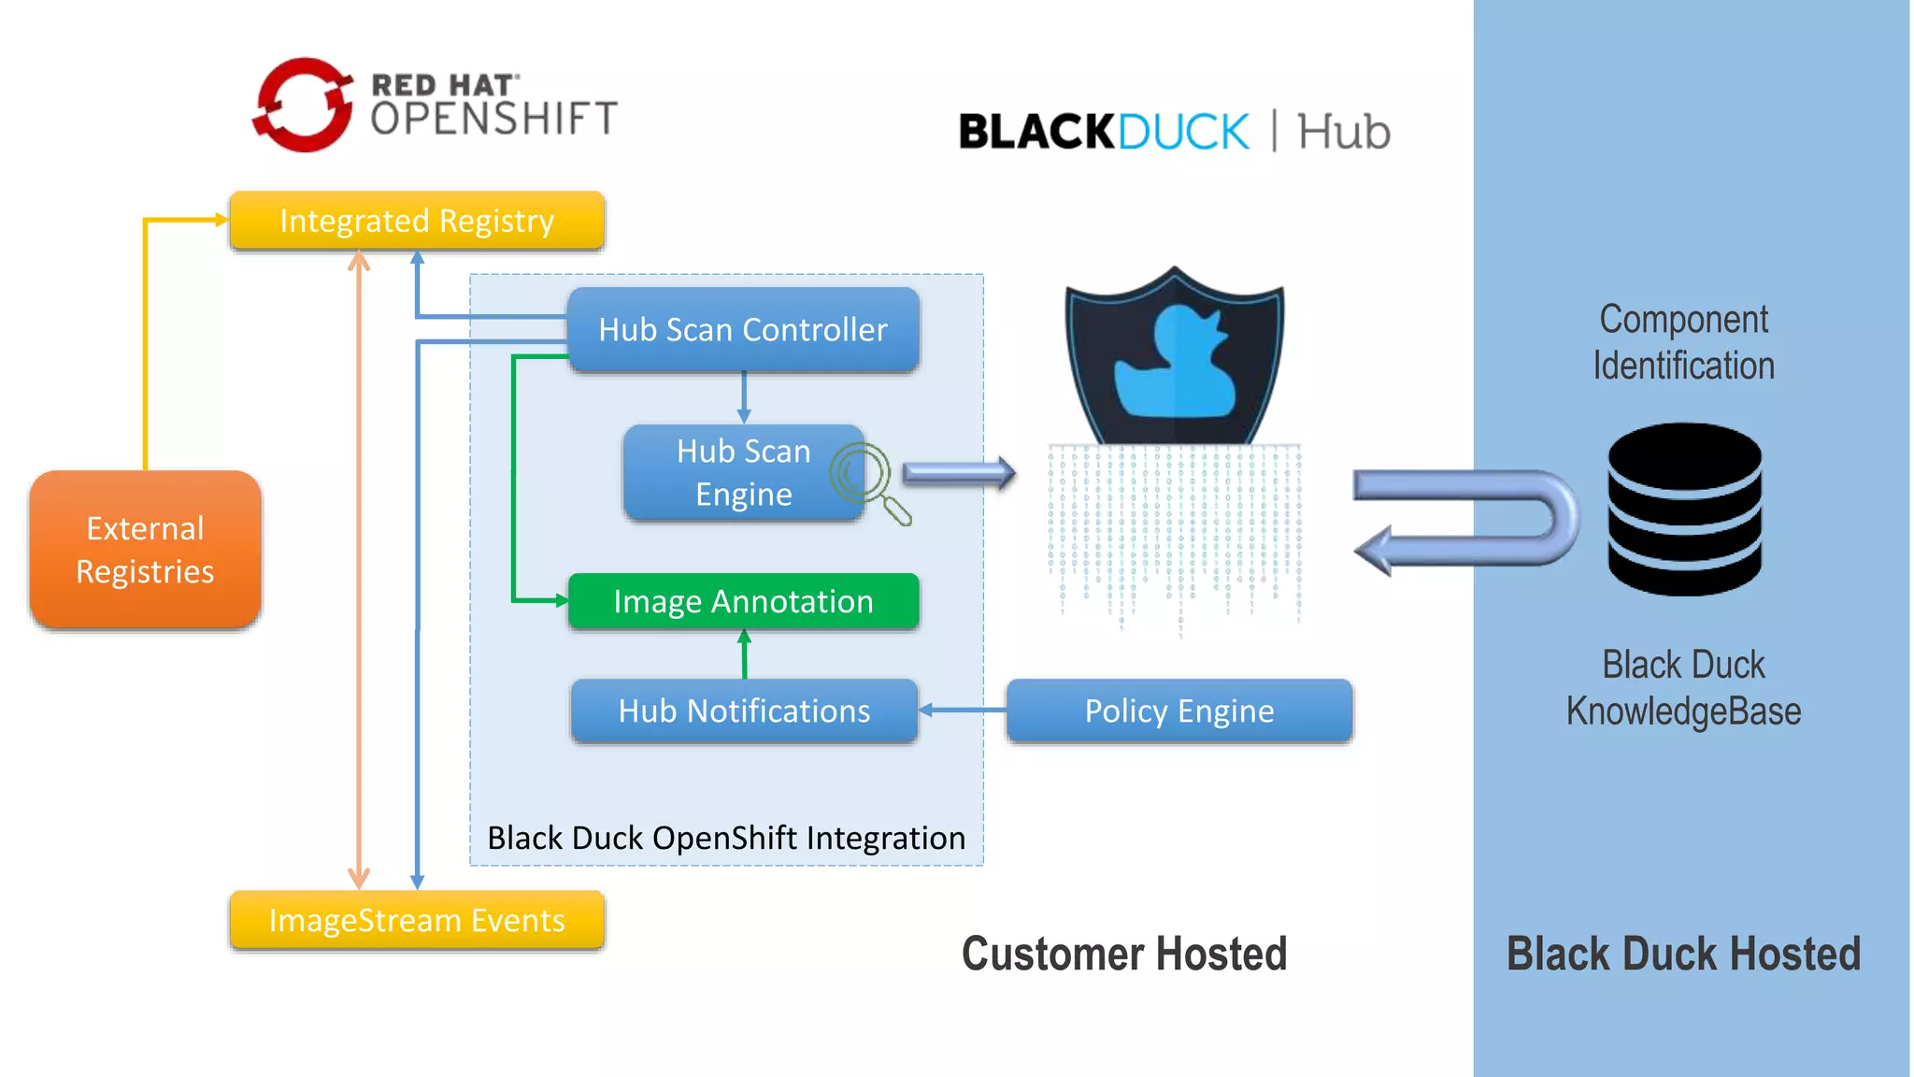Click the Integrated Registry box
[x=417, y=222]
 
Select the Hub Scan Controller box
[x=743, y=330]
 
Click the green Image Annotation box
[x=743, y=601]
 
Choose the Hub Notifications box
[x=743, y=711]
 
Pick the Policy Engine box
[x=1178, y=711]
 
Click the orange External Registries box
[x=145, y=550]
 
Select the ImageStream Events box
[x=417, y=921]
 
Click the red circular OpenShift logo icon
[x=303, y=106]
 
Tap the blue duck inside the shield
[x=1175, y=365]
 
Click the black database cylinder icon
[x=1684, y=510]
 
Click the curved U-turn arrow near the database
[x=1467, y=520]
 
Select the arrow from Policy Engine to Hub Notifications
[x=963, y=711]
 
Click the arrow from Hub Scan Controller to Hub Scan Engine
[x=744, y=398]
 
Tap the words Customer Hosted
[x=1124, y=955]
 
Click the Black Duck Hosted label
[x=1683, y=955]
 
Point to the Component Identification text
[x=1683, y=342]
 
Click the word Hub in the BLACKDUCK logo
[x=1343, y=132]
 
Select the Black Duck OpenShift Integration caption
[x=726, y=839]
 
